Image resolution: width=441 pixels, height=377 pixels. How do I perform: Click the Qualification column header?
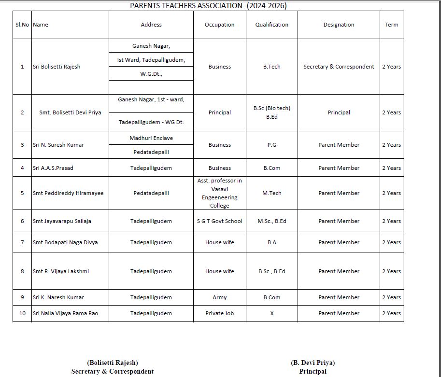pyautogui.click(x=271, y=25)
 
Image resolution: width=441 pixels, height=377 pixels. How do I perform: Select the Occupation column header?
pyautogui.click(x=219, y=25)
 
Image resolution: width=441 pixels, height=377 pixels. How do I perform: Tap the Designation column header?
pyautogui.click(x=339, y=25)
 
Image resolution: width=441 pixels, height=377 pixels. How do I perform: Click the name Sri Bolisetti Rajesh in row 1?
pyautogui.click(x=57, y=67)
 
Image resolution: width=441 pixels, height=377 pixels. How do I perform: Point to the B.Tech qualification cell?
pyautogui.click(x=271, y=67)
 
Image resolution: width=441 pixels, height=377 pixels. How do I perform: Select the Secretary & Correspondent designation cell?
pyautogui.click(x=339, y=67)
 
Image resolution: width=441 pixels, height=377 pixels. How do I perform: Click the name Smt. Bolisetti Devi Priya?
pyautogui.click(x=70, y=112)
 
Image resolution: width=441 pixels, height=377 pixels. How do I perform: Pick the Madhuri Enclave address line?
pyautogui.click(x=151, y=138)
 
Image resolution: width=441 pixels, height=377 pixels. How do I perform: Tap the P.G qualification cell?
pyautogui.click(x=271, y=145)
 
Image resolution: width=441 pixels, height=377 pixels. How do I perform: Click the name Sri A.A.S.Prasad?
pyautogui.click(x=53, y=168)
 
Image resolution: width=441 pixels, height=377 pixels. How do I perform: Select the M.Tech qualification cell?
pyautogui.click(x=271, y=193)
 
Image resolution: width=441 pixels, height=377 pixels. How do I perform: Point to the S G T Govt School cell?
pyautogui.click(x=219, y=221)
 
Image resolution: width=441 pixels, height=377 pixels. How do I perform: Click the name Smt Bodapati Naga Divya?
pyautogui.click(x=65, y=242)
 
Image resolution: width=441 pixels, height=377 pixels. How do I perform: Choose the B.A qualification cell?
pyautogui.click(x=271, y=242)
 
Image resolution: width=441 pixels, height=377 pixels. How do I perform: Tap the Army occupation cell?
pyautogui.click(x=219, y=297)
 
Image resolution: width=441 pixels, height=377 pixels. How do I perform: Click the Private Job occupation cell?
pyautogui.click(x=219, y=313)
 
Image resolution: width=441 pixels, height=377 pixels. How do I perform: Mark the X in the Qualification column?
pyautogui.click(x=271, y=313)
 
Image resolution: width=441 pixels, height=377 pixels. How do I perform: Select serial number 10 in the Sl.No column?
pyautogui.click(x=22, y=313)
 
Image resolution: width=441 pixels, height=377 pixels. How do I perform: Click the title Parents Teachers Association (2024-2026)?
pyautogui.click(x=208, y=6)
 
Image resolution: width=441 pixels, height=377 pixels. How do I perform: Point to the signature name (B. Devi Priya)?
pyautogui.click(x=313, y=363)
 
